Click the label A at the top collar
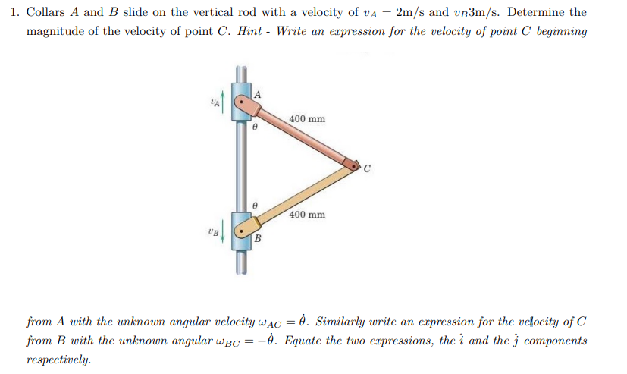pyautogui.click(x=258, y=94)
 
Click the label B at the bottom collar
pyautogui.click(x=257, y=240)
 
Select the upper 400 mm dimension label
pyautogui.click(x=307, y=119)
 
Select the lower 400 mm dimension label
pyautogui.click(x=307, y=215)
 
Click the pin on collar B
pyautogui.click(x=242, y=231)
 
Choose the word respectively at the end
pyautogui.click(x=58, y=360)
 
